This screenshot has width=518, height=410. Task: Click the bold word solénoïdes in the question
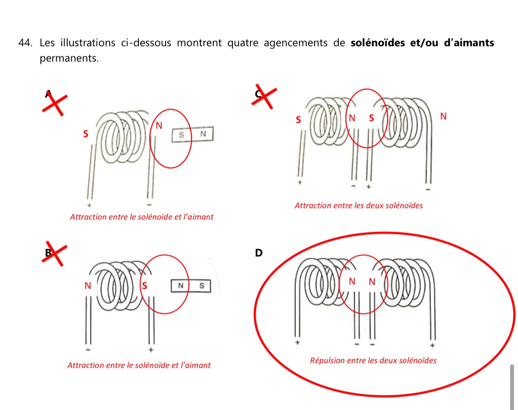pos(378,43)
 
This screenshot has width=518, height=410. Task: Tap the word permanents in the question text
pos(69,58)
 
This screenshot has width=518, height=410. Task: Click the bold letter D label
pos(259,253)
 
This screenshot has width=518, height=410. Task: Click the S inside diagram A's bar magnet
pos(181,134)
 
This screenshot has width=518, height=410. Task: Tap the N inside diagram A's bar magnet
pos(203,134)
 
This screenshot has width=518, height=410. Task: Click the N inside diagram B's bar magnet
pos(180,286)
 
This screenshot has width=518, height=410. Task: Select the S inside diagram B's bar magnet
pos(202,286)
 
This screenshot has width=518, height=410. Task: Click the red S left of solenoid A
pos(86,134)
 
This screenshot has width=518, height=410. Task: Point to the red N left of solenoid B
pos(87,286)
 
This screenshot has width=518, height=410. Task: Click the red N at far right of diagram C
pos(443,116)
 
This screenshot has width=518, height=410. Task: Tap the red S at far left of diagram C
pos(298,119)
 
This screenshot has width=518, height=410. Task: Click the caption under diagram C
pos(359,205)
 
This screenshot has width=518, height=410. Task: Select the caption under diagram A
pos(141,217)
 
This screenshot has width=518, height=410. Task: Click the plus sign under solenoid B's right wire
pos(151,350)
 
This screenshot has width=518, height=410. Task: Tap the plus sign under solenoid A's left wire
pos(89,205)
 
